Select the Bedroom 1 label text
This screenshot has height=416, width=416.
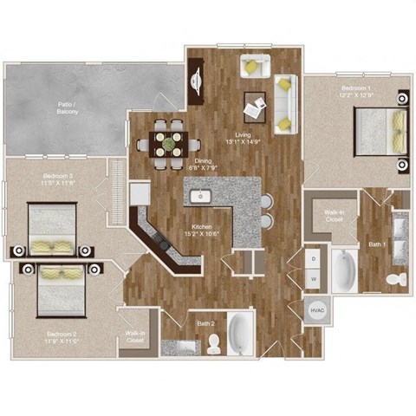(x=334, y=92)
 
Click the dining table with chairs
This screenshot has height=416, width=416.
(x=167, y=139)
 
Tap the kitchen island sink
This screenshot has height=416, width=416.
(x=198, y=194)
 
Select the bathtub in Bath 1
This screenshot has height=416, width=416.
(x=344, y=271)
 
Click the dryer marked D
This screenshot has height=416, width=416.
(x=314, y=257)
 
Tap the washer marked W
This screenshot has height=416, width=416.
(x=314, y=278)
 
